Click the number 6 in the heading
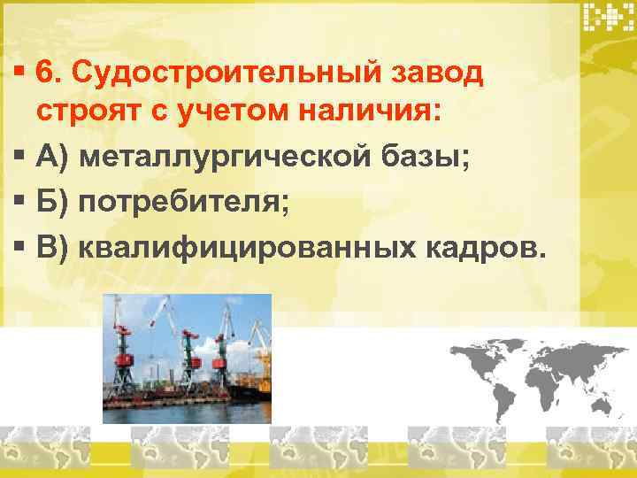[47, 74]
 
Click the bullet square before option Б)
[19, 204]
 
